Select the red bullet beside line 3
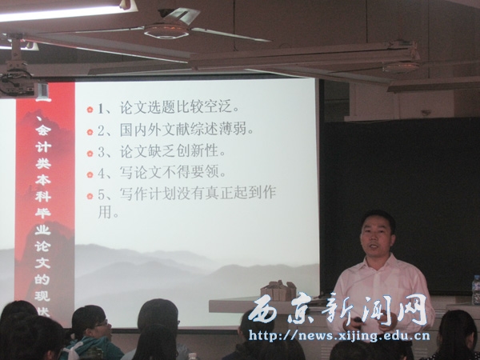click(x=90, y=152)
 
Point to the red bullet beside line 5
click(x=90, y=194)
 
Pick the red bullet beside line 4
click(x=90, y=173)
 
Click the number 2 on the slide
click(x=102, y=130)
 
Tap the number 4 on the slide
click(x=102, y=173)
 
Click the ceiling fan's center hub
click(x=166, y=30)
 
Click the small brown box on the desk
click(x=278, y=290)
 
